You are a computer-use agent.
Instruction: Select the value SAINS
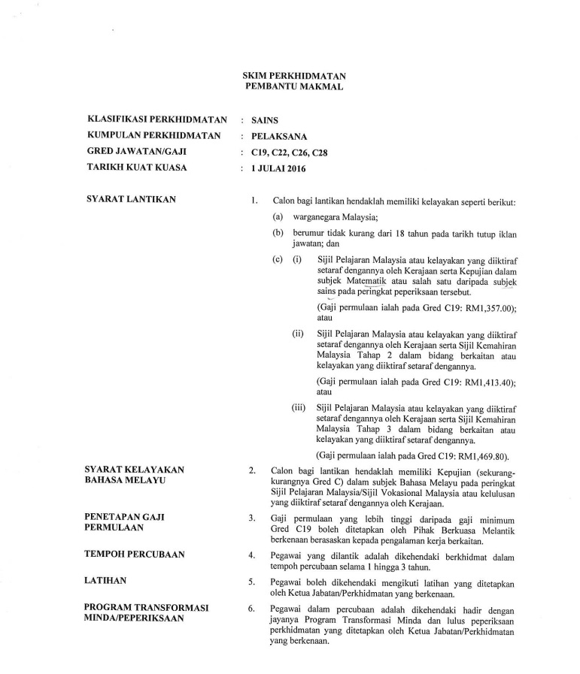pyautogui.click(x=265, y=119)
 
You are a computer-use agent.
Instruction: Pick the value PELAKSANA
pyautogui.click(x=278, y=136)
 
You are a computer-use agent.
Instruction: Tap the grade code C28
pyautogui.click(x=319, y=153)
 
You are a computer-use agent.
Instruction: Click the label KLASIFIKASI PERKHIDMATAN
pyautogui.click(x=147, y=119)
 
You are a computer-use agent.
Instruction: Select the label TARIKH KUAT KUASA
pyautogui.click(x=133, y=168)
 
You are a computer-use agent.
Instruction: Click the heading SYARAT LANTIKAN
pyautogui.click(x=131, y=199)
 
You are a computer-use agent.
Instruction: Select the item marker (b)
pyautogui.click(x=278, y=234)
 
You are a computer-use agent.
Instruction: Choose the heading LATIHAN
pyautogui.click(x=106, y=581)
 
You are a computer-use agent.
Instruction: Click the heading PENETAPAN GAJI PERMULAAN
pyautogui.click(x=126, y=501)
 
